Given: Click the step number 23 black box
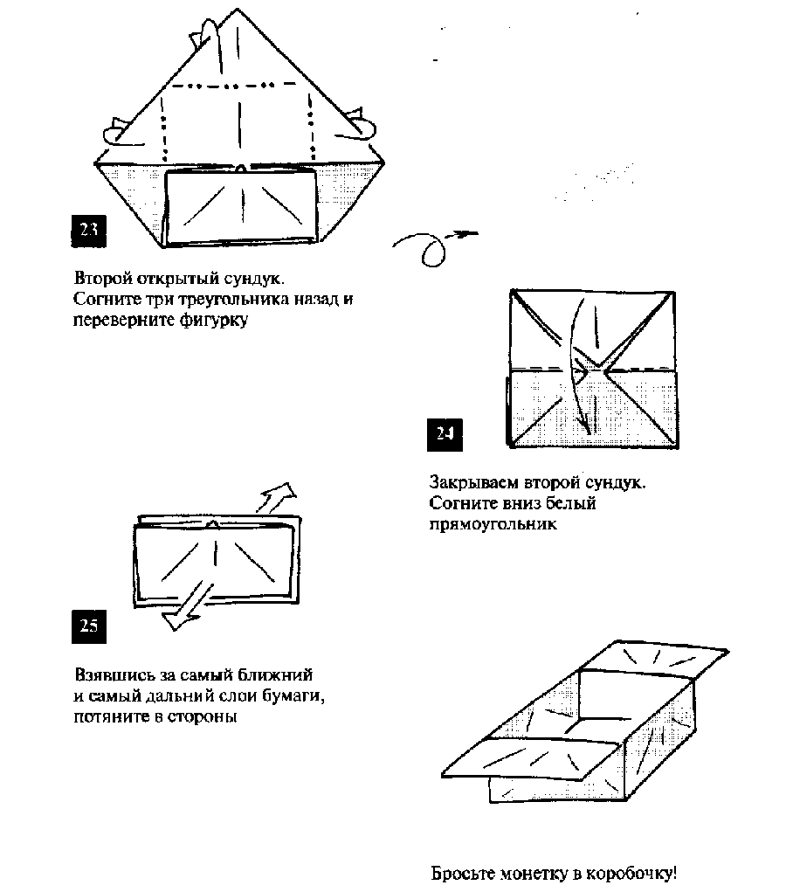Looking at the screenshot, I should point(87,230).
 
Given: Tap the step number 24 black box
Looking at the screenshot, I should point(445,434).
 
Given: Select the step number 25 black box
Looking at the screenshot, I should point(87,626).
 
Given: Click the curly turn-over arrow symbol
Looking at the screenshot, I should point(433,245).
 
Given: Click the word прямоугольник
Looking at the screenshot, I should point(493,524).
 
